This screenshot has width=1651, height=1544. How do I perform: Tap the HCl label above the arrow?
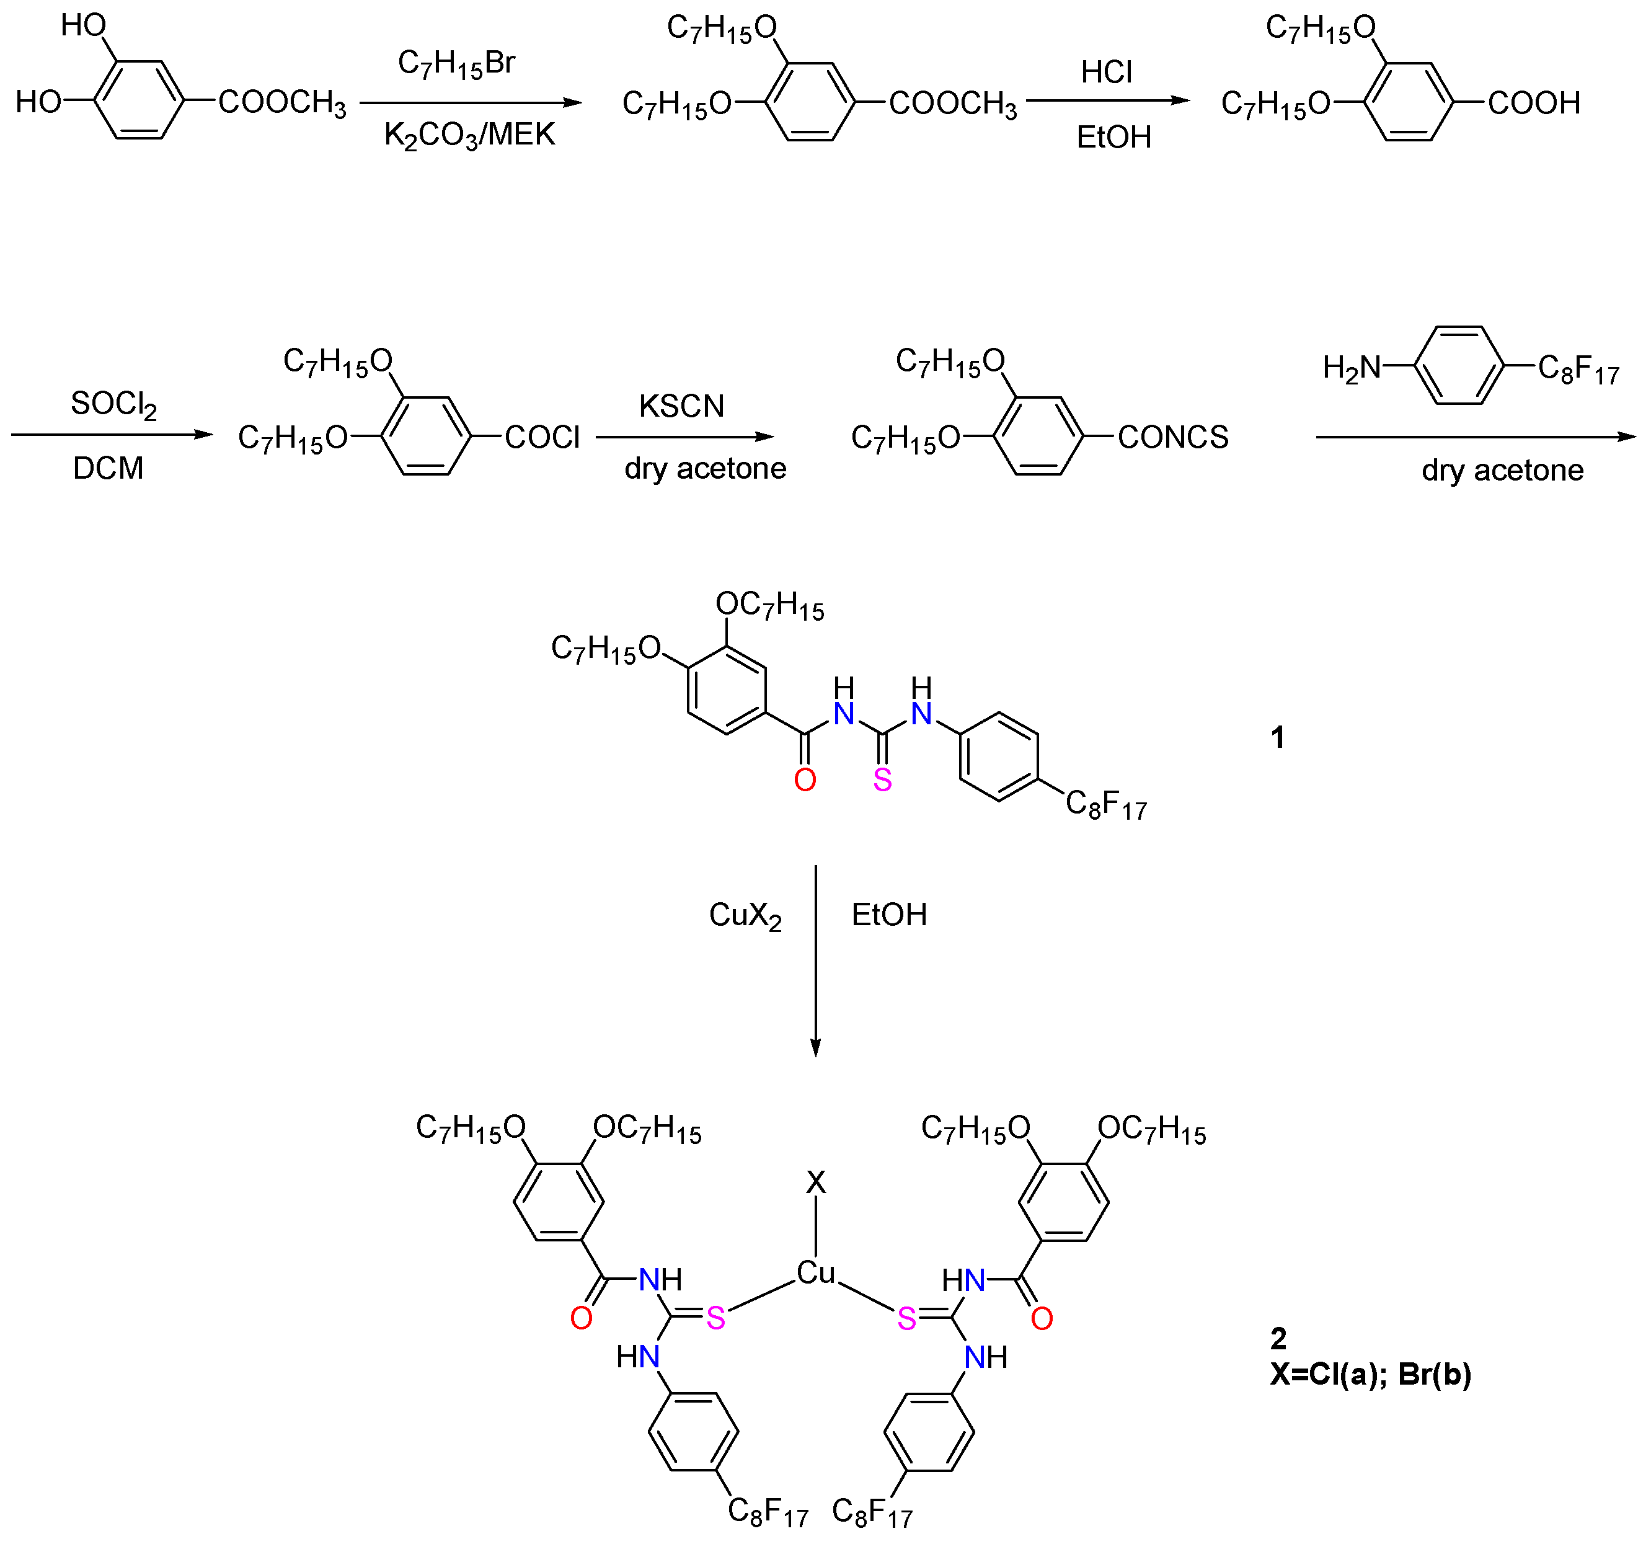[1105, 73]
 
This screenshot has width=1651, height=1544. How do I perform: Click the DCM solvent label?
[108, 468]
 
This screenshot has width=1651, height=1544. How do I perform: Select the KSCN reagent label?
[681, 406]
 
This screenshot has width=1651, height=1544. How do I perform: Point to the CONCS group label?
[1172, 438]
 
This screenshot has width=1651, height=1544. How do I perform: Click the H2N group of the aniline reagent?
[1351, 367]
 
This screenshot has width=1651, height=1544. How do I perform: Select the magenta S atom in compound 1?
[882, 780]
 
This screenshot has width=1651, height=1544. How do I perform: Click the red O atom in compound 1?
[804, 780]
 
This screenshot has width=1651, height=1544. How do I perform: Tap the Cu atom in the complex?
[815, 1273]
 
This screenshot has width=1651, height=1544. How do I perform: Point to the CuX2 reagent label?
[745, 915]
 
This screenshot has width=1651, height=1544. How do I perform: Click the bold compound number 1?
[1277, 737]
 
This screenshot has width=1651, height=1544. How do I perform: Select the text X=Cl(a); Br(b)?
[1370, 1375]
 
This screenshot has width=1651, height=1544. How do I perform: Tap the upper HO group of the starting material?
[83, 26]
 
